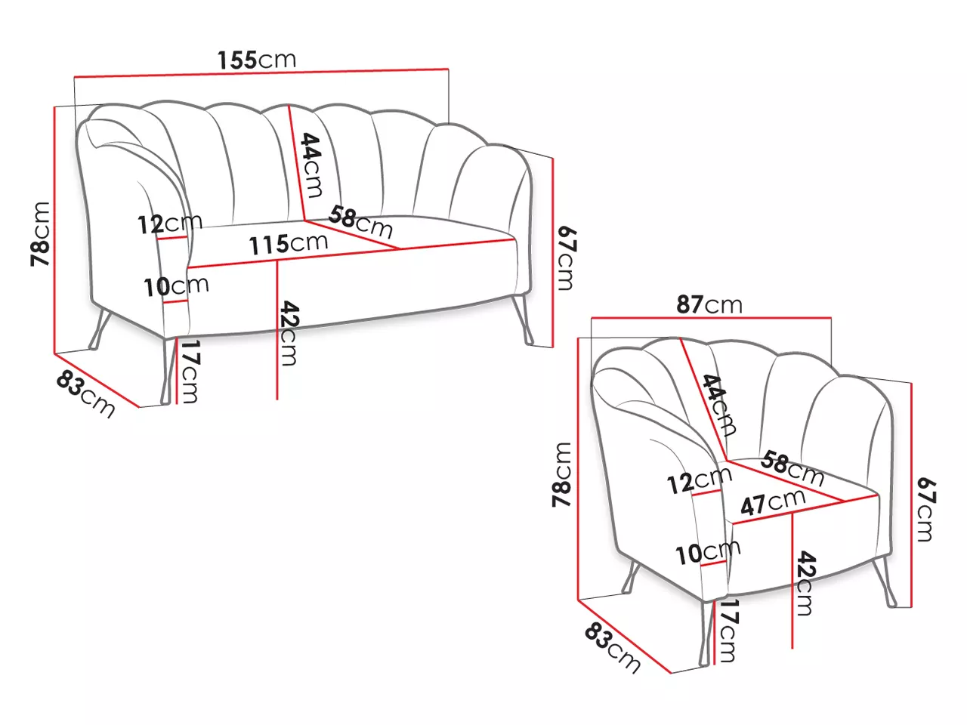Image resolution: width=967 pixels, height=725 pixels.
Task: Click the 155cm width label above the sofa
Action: pos(257,60)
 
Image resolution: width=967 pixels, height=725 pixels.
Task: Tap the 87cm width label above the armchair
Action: pos(709,304)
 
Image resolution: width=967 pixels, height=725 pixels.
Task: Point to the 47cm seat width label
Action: pos(773,501)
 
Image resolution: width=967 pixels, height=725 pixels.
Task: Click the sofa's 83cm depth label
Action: pos(85,393)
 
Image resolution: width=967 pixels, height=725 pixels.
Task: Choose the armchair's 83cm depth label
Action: pos(613,649)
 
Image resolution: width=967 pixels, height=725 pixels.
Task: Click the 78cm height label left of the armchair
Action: pos(562,475)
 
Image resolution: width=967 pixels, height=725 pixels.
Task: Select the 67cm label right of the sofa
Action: pos(566,258)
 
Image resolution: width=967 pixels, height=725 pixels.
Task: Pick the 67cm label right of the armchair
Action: pos(926,509)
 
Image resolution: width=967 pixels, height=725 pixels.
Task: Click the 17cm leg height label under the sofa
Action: pos(190,372)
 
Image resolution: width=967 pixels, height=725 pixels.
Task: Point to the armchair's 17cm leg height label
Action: pos(728,631)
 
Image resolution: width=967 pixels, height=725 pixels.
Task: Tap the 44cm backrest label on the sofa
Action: pos(311,165)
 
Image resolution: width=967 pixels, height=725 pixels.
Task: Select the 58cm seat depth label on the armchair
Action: pos(792,468)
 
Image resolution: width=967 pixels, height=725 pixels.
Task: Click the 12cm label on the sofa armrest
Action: pos(170,224)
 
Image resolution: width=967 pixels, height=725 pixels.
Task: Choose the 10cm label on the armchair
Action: pos(708,553)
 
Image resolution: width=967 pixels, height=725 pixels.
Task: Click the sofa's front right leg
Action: pos(523,320)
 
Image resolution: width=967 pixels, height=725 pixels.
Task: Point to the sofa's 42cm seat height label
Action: pos(289,333)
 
